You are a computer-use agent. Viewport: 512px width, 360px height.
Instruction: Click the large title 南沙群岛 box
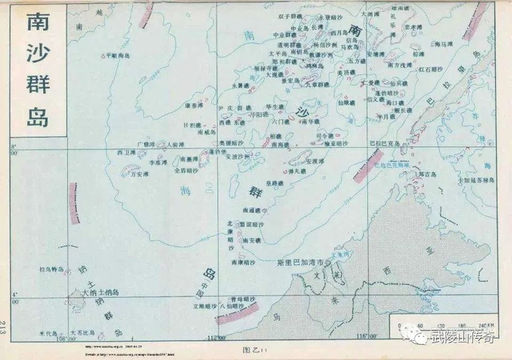click(37, 70)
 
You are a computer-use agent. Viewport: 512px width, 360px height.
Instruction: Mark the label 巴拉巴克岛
click(383, 143)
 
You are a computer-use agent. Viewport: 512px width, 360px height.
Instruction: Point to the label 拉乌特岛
click(52, 269)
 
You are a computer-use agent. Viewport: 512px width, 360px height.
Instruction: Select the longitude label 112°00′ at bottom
click(214, 337)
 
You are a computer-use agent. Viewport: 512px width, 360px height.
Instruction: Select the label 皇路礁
click(275, 183)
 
